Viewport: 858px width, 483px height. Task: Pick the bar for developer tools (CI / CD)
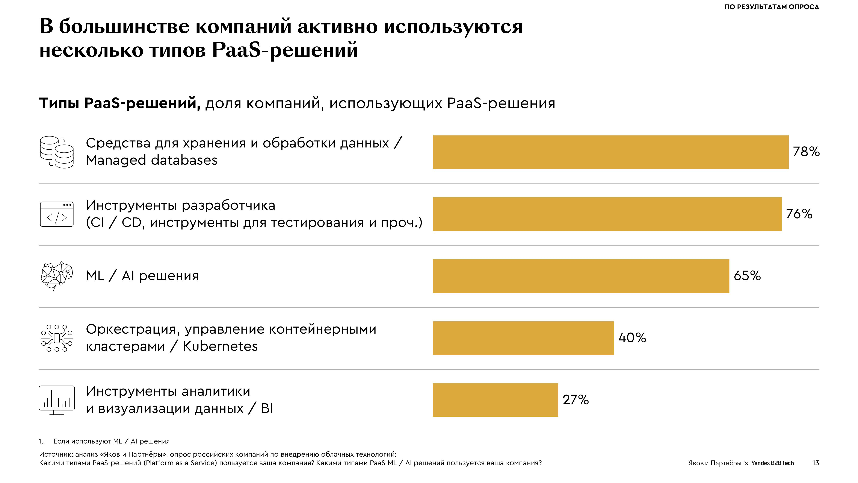[x=607, y=214]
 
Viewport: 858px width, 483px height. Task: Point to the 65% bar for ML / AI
[x=581, y=276]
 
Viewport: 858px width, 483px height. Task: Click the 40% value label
[x=632, y=338]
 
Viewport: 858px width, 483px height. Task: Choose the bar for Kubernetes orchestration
[x=523, y=338]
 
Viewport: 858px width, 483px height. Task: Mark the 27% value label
[x=576, y=400]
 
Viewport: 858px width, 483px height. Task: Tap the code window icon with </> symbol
[x=57, y=214]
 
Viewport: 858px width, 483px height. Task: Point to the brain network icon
[x=57, y=275]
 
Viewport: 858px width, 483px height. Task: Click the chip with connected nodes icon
[x=57, y=338]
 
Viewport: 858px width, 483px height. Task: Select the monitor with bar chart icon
[x=57, y=400]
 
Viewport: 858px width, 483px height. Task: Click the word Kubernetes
[x=220, y=346]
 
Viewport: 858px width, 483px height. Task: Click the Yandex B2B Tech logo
[x=772, y=463]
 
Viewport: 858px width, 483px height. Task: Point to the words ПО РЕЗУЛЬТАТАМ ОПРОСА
[x=771, y=7]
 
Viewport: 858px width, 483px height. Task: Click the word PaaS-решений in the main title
[x=285, y=50]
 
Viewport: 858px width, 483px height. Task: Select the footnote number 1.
[x=41, y=441]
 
